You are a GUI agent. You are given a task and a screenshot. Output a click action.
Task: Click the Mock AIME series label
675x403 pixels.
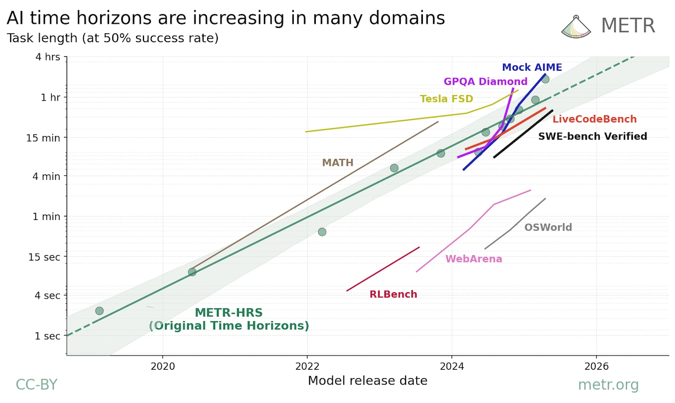532,67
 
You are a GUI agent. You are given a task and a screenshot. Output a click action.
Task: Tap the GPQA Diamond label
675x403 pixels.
486,81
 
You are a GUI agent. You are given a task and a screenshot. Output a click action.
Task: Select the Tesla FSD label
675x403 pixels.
447,99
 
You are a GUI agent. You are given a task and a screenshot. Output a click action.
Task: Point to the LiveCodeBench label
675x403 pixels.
594,119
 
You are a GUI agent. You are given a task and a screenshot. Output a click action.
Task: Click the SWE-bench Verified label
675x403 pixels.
593,136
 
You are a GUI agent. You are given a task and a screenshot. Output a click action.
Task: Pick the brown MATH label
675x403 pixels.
338,163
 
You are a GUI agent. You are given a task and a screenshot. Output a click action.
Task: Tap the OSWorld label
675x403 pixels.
548,227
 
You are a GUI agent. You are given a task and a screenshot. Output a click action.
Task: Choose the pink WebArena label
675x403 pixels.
474,259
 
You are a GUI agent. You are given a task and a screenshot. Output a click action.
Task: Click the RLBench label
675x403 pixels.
393,294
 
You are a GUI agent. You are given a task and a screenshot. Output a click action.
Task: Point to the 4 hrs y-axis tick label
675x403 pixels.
47,57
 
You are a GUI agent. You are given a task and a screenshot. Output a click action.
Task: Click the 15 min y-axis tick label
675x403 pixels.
43,138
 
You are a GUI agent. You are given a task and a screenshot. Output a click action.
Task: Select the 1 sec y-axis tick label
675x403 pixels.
47,336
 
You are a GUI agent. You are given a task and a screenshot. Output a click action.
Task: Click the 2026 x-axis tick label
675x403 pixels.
596,366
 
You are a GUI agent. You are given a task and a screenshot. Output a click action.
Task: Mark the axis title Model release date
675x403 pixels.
368,381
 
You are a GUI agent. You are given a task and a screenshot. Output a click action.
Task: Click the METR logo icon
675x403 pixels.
576,26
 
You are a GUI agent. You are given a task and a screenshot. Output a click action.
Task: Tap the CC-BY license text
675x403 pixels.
36,385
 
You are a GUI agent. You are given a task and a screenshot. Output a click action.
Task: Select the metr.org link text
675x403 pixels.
609,385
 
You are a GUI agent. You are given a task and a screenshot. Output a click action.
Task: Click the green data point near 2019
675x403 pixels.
100,311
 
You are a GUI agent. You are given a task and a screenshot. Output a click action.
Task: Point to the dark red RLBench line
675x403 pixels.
383,269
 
